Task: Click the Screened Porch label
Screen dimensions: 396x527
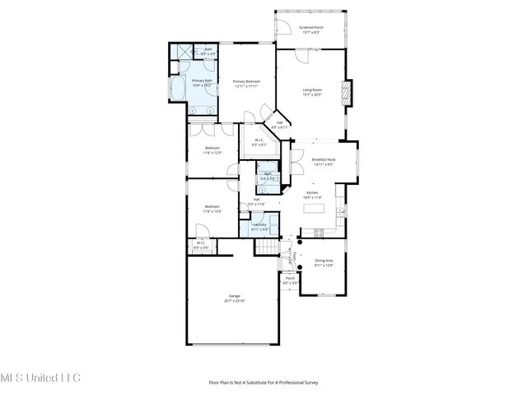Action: [311, 29]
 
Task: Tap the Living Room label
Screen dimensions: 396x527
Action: [311, 92]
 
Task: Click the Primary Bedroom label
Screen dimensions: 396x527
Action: [247, 83]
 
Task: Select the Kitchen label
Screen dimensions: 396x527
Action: [312, 196]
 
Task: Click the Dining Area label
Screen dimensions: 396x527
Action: [324, 263]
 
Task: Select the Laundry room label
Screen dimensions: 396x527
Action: [259, 226]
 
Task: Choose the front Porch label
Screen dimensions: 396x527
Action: [291, 280]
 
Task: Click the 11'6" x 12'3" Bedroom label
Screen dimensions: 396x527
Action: [212, 150]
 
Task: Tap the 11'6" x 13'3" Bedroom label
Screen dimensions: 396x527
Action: [212, 208]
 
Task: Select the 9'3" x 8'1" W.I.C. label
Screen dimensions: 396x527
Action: [259, 142]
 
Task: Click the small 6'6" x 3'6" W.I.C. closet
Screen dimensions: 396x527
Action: [201, 245]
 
